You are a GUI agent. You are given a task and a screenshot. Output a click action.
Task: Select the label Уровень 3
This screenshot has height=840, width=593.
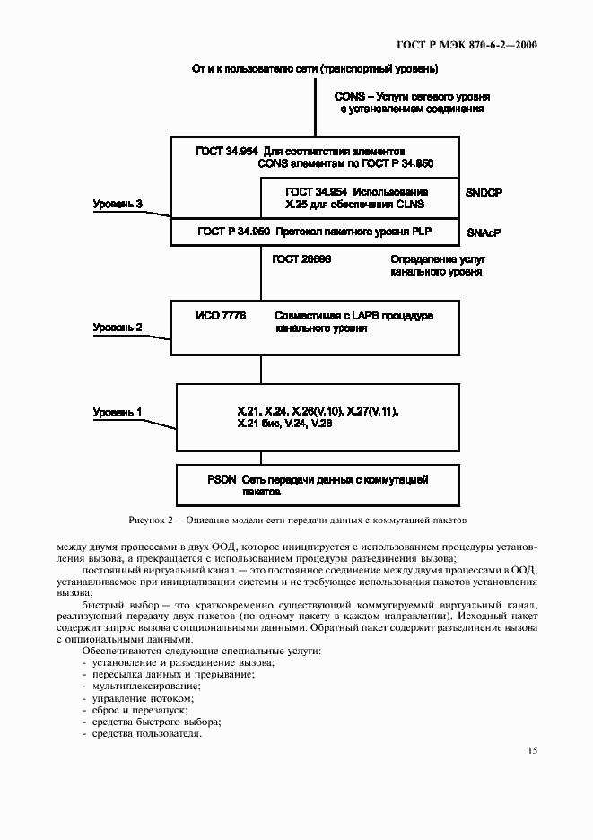coord(118,205)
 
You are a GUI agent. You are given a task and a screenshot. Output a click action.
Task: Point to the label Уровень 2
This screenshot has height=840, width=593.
coord(118,328)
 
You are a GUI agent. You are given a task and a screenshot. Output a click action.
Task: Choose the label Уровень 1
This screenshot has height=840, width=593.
coord(118,412)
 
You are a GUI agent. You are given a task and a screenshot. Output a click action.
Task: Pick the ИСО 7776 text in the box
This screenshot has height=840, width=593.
coord(220,316)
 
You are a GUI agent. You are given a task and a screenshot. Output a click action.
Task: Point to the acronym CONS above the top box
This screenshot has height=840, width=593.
coord(349,94)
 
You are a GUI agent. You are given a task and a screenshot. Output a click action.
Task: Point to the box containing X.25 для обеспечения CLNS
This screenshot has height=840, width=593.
coord(359,198)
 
